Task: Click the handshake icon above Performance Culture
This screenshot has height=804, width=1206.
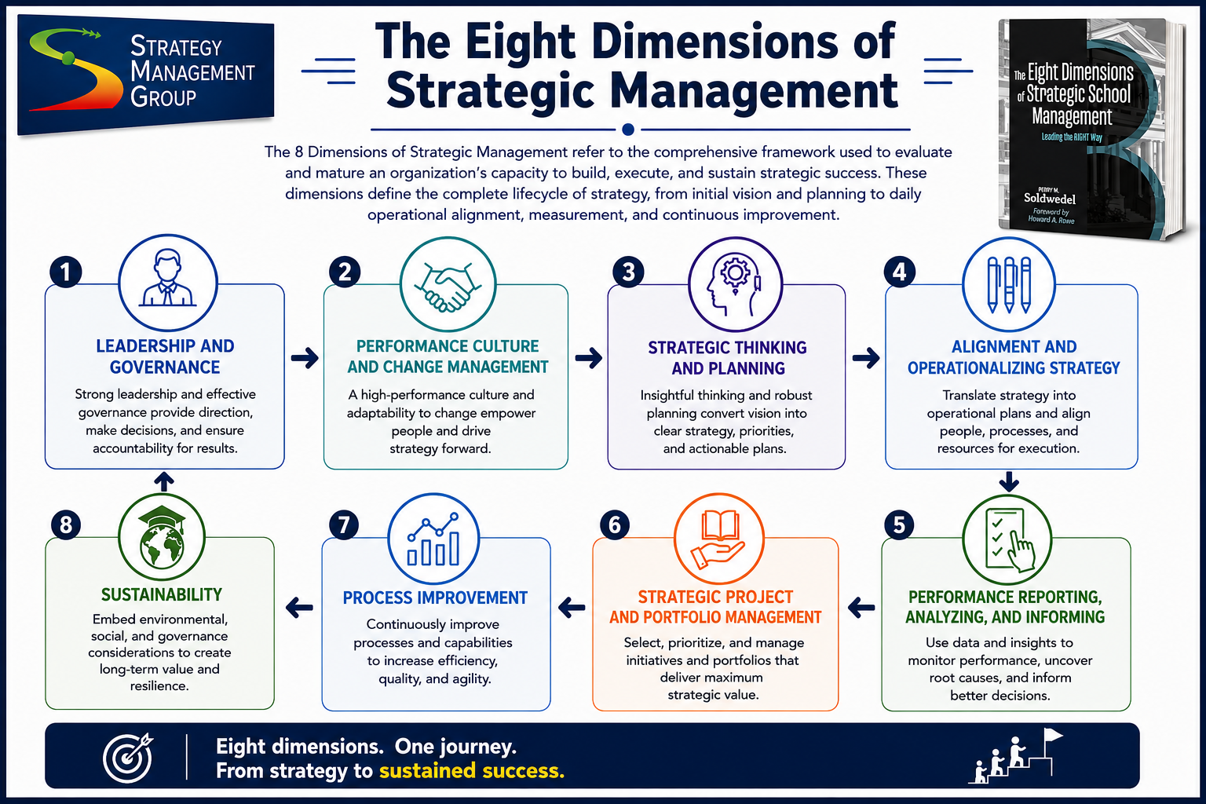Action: pos(448,286)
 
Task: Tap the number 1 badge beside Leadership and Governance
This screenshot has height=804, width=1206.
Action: pos(66,272)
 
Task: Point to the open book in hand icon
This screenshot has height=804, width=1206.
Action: pos(718,539)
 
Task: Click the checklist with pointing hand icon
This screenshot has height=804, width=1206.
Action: pos(1008,540)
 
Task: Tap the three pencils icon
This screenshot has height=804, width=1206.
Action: pos(1009,284)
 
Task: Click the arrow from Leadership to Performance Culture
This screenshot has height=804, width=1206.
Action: pos(305,357)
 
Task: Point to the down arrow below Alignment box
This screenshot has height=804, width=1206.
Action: pos(1009,481)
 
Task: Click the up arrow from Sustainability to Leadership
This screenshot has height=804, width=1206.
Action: pos(164,481)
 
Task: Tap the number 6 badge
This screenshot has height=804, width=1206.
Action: pos(614,525)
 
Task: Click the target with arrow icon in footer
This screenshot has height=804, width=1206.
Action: pos(128,757)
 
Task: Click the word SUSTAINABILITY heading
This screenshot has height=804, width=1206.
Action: pos(162,594)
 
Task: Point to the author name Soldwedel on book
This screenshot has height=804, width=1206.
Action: pos(1049,198)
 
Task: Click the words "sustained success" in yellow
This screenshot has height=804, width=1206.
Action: pos(472,770)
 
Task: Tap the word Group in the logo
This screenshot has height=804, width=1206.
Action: pos(163,97)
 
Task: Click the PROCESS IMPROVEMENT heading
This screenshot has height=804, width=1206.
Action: pos(435,598)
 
